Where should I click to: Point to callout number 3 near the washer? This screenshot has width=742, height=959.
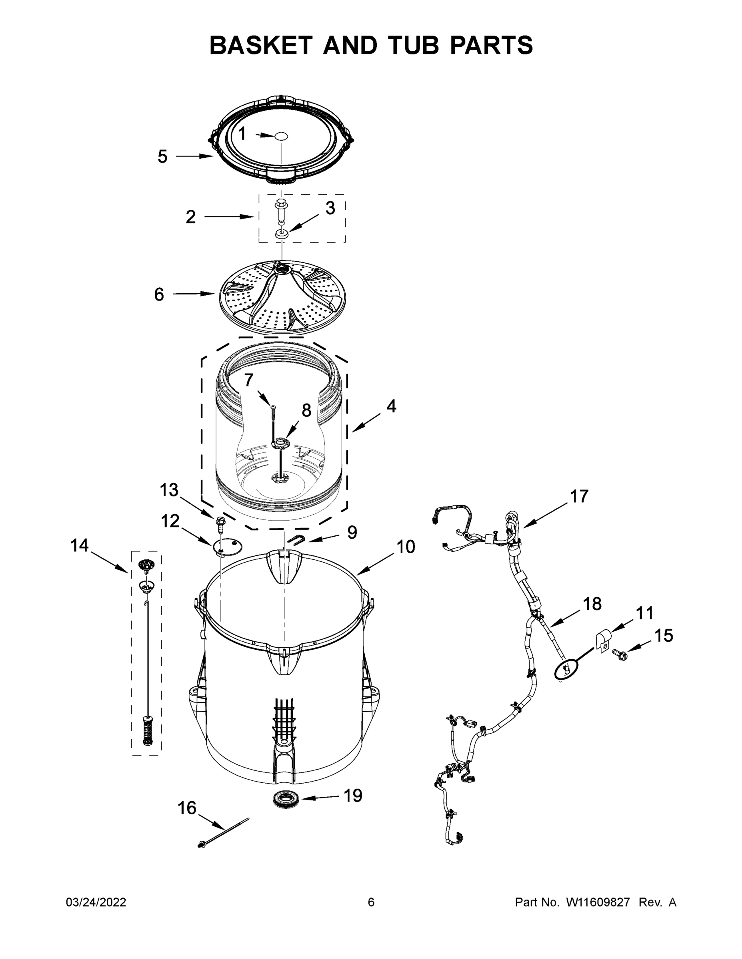[x=330, y=209]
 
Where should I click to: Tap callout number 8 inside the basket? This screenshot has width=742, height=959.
[x=306, y=410]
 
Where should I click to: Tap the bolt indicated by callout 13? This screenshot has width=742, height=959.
[x=219, y=523]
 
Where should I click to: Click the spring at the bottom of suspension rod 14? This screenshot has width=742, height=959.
[x=147, y=731]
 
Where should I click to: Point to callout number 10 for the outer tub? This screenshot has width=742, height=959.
[x=406, y=547]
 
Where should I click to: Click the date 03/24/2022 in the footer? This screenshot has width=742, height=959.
[x=96, y=902]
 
